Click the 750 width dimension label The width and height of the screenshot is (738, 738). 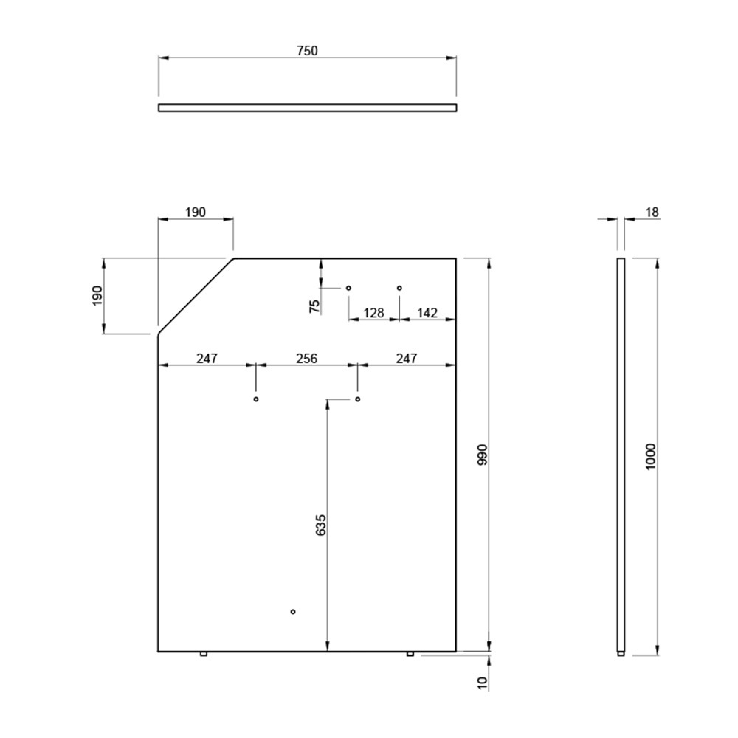pyautogui.click(x=307, y=51)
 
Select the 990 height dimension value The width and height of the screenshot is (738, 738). pyautogui.click(x=483, y=455)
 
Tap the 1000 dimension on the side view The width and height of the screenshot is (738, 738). pyautogui.click(x=650, y=457)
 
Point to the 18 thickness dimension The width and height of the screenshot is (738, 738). pyautogui.click(x=652, y=213)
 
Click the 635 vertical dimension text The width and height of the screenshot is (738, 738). pyautogui.click(x=320, y=525)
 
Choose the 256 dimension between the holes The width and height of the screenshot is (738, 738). pyautogui.click(x=306, y=359)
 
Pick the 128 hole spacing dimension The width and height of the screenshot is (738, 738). pyautogui.click(x=373, y=313)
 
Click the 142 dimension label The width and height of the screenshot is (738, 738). pyautogui.click(x=427, y=313)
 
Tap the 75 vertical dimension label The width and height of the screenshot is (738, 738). pyautogui.click(x=314, y=306)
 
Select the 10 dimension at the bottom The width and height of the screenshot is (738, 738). pyautogui.click(x=483, y=683)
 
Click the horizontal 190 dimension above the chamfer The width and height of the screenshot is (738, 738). pyautogui.click(x=196, y=213)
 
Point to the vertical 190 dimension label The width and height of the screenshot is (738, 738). pyautogui.click(x=97, y=296)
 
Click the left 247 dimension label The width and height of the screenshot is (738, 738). pyautogui.click(x=207, y=359)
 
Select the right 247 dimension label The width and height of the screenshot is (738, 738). pyautogui.click(x=406, y=359)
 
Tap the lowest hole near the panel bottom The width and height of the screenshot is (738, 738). pyautogui.click(x=293, y=611)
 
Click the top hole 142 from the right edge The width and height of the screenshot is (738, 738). pyautogui.click(x=399, y=288)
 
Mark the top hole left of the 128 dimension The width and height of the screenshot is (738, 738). pyautogui.click(x=349, y=288)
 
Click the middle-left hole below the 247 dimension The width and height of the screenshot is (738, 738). pyautogui.click(x=256, y=399)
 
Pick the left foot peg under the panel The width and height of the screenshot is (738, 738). pyautogui.click(x=204, y=654)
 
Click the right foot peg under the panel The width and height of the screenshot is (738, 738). pyautogui.click(x=410, y=654)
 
